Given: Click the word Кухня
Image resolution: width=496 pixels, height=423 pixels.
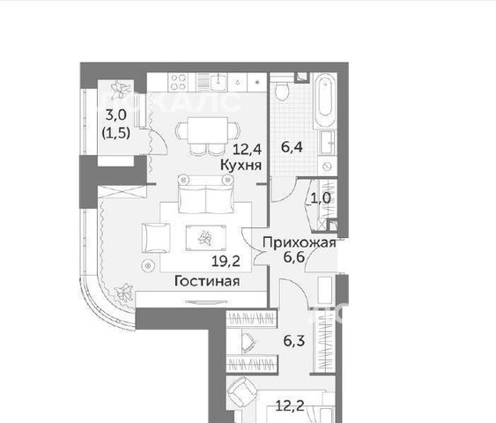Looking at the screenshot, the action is tap(241, 165).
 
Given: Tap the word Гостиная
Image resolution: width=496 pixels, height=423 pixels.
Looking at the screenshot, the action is tap(207, 280).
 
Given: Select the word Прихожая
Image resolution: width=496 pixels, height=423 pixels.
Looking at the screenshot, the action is tap(300, 242).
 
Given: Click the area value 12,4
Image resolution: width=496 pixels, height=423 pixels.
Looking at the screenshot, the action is tap(247, 149).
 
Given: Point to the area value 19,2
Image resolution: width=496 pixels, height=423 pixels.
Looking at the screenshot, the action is tap(226, 262).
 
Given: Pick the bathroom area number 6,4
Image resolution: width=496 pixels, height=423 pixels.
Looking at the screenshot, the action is tap(292, 147).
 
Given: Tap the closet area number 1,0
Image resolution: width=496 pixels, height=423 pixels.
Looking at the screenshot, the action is tap(321, 198).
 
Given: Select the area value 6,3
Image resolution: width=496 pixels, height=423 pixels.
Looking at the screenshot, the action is tap(294, 341).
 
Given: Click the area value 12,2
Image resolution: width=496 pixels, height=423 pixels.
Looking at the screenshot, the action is tap(290, 405).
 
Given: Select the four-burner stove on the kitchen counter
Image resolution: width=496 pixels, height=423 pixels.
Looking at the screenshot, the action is tap(179, 82).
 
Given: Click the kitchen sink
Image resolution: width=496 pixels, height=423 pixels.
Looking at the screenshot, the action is tap(218, 82).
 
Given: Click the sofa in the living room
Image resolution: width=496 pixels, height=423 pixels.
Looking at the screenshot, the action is tap(205, 194).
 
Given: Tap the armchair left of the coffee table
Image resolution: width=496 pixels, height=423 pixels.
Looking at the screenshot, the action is tap(156, 238).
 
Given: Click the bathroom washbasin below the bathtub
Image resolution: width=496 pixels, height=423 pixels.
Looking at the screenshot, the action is tap(328, 143).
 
